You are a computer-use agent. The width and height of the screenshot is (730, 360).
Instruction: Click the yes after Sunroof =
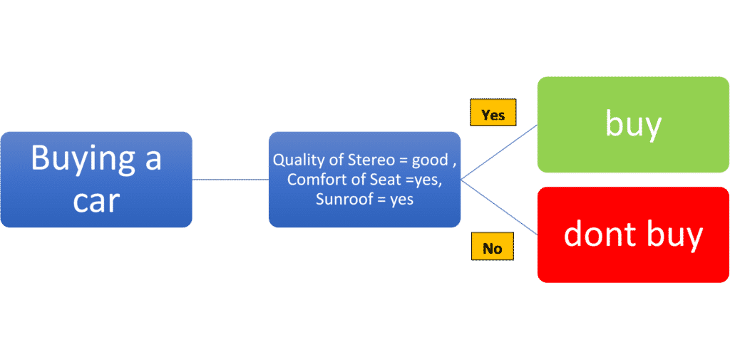(402, 200)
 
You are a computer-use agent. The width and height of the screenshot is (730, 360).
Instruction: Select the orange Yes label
(493, 112)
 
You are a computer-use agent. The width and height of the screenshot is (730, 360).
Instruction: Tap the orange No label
(493, 246)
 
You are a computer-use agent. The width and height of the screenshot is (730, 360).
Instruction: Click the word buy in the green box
(633, 126)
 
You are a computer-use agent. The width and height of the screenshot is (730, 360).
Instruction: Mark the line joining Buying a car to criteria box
(230, 180)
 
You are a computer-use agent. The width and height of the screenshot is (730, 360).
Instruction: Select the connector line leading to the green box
(499, 152)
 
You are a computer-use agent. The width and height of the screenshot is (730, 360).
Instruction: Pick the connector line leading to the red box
(499, 207)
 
